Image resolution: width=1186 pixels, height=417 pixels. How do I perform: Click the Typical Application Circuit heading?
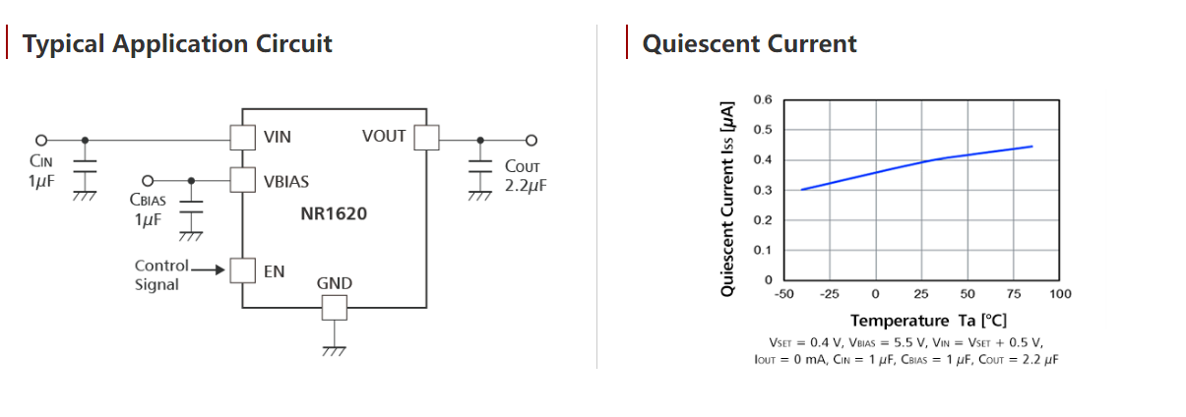pos(177,44)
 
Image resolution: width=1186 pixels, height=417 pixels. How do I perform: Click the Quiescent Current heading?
pos(749,44)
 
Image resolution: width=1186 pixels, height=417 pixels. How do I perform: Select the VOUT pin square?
pos(425,138)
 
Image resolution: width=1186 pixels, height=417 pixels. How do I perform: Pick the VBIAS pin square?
pos(242,180)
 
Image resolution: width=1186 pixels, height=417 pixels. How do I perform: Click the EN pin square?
pos(242,269)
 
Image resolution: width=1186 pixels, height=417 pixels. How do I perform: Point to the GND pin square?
pos(335,307)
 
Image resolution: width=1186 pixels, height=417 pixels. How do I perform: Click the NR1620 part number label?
pos(334,212)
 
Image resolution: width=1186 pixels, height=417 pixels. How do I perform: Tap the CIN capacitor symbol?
pos(85,171)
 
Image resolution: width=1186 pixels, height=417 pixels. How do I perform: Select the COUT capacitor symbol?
pos(479,171)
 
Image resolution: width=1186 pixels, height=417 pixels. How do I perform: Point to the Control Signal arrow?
pos(208,267)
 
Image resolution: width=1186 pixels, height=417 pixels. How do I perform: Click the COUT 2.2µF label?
pos(524,176)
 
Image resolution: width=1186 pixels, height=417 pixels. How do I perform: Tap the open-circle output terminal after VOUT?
pos(531,139)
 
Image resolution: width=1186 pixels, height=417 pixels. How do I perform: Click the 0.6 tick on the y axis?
pos(764,100)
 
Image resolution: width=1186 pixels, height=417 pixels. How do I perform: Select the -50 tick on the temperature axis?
pos(783,294)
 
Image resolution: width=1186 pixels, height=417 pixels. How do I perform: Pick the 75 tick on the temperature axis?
pos(1014,294)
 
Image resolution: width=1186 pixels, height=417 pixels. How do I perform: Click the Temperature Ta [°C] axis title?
pos(928,321)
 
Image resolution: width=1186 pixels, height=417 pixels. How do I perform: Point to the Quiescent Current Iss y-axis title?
pos(727,198)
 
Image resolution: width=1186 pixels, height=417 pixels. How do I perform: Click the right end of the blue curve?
pos(1031,147)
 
